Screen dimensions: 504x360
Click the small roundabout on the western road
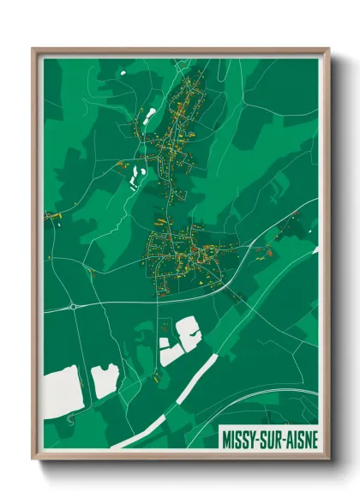[x=75, y=305]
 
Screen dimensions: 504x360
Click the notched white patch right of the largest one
[x=105, y=380]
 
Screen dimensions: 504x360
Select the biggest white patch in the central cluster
[x=188, y=331]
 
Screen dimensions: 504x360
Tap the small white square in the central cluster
[x=164, y=344]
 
